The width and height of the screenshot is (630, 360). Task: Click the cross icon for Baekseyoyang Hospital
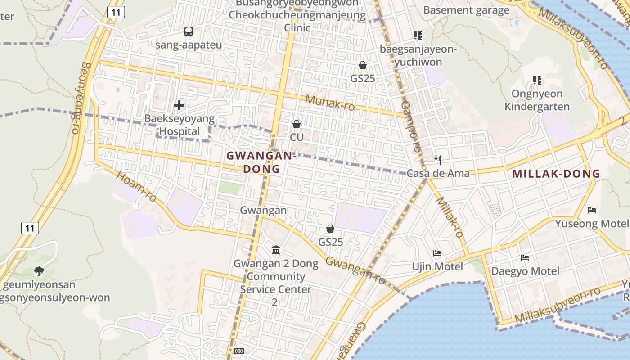179,105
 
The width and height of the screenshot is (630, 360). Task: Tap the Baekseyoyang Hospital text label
180,125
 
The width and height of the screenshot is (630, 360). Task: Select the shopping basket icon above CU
297,124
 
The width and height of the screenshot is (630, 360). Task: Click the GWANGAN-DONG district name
261,162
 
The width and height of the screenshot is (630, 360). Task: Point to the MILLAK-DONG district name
556,174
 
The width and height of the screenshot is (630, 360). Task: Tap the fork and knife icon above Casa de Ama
437,160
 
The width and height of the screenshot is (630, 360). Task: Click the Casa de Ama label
438,173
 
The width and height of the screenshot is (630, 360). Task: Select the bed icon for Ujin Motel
437,253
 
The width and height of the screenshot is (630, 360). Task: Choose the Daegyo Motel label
525,271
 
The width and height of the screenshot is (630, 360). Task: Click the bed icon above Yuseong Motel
592,210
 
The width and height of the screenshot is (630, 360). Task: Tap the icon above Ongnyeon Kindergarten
537,81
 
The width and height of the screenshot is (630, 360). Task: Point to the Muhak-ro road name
330,103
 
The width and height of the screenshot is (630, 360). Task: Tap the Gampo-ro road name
411,126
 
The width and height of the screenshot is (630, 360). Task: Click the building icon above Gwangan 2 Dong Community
276,250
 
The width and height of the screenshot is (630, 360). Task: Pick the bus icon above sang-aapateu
189,31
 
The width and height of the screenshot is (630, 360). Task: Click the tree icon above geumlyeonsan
39,271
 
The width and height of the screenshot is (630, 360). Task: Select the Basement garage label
466,10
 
